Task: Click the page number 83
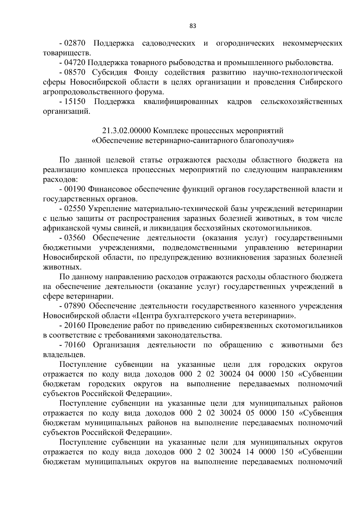coord(193,26)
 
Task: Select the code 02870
coord(75,43)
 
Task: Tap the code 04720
coord(75,63)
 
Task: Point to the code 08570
coord(75,73)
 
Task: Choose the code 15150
coord(75,102)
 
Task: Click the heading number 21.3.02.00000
coord(127,131)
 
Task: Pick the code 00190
coord(75,189)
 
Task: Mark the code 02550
coord(75,209)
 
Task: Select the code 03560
coord(75,238)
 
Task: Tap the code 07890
coord(75,306)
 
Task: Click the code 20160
coord(75,325)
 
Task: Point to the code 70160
coord(75,345)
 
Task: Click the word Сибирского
coord(321,82)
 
